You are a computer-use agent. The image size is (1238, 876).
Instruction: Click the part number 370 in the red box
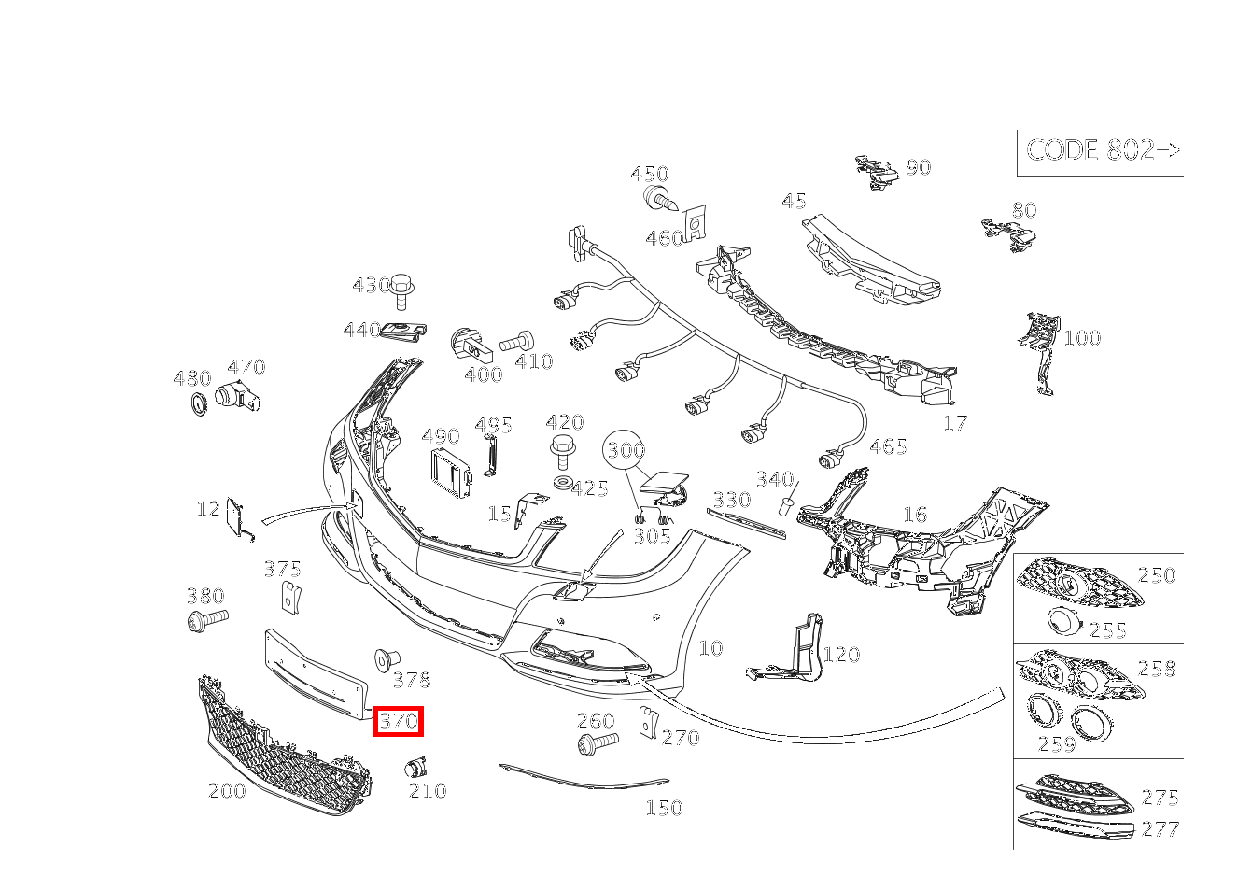[x=398, y=721]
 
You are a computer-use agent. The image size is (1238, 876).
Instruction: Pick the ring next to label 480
[x=198, y=403]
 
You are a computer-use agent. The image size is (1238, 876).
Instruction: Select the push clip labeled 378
[x=387, y=660]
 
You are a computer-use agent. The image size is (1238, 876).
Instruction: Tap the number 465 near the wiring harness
[x=888, y=446]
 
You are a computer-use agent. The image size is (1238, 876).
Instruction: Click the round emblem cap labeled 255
[x=1065, y=620]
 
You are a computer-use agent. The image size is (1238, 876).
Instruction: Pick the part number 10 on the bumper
[x=710, y=648]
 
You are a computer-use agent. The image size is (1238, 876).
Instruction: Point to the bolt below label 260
[x=598, y=742]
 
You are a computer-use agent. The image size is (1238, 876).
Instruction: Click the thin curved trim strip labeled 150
[x=584, y=778]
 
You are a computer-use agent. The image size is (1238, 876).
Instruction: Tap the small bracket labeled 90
[x=876, y=172]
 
